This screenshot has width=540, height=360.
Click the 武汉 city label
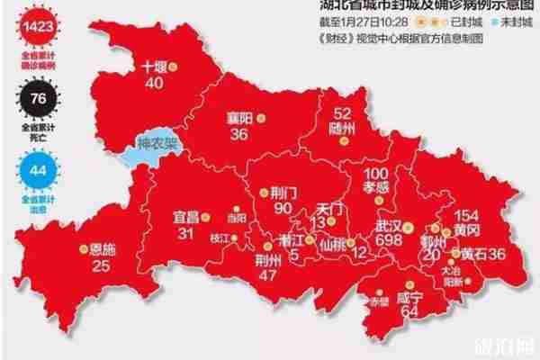pos(390,227)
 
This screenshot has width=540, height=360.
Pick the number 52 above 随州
pos(342,114)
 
